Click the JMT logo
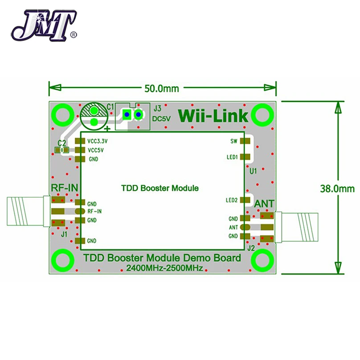[x=44, y=25]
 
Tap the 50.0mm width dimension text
[x=162, y=88]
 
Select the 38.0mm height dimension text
[x=337, y=189]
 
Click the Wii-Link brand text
[x=213, y=116]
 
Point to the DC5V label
[x=162, y=119]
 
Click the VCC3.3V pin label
[x=98, y=141]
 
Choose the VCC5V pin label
[x=96, y=150]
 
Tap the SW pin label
[x=234, y=141]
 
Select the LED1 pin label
[x=232, y=157]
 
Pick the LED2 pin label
[x=232, y=200]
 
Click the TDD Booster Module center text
[x=160, y=188]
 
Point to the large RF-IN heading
[x=65, y=188]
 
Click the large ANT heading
[x=264, y=204]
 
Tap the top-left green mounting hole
[x=63, y=115]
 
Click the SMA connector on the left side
[x=29, y=211]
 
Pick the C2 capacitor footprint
[x=62, y=150]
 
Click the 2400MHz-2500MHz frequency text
[x=164, y=268]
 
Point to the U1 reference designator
[x=253, y=171]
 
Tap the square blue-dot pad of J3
[x=127, y=114]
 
